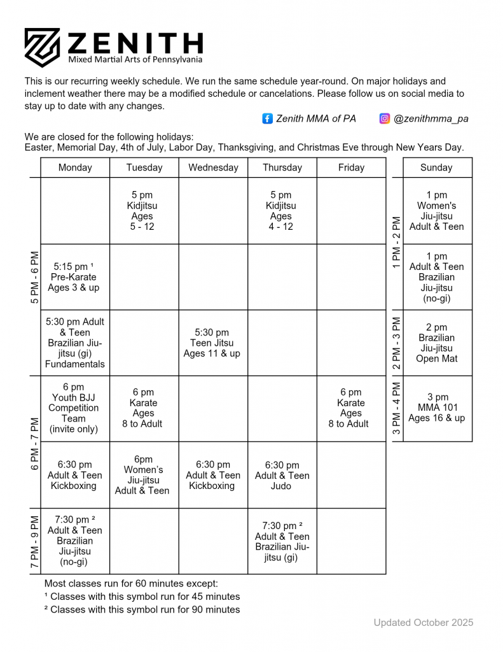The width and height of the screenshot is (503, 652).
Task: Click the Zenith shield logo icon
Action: coord(42,47)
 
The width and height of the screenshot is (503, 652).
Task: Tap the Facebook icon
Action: coord(268,118)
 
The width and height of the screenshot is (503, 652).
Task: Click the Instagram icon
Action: coord(385,118)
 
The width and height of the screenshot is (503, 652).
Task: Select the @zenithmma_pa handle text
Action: coord(431,118)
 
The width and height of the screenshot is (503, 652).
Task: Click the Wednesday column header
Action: coord(213,167)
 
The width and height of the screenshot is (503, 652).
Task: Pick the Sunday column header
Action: coord(437,167)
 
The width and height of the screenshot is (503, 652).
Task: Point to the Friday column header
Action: coord(351,167)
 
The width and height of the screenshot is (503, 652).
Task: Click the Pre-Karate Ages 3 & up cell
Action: coord(74,277)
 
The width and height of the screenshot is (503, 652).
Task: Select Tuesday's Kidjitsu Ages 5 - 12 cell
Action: coord(143,211)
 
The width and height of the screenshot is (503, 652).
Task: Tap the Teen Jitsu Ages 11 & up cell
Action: coord(212,343)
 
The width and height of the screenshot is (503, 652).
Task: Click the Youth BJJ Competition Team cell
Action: coord(74,408)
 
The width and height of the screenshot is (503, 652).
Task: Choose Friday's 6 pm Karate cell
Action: coord(351,408)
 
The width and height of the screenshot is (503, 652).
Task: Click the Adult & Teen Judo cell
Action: coord(282,476)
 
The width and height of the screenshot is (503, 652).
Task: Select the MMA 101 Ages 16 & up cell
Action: coord(437,408)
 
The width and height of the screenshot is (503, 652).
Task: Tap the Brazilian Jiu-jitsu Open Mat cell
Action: coord(437,343)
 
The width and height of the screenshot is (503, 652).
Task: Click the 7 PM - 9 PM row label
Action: coord(34,541)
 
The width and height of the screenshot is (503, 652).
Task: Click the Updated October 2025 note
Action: coord(424,623)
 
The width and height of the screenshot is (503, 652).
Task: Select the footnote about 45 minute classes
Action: coord(142,597)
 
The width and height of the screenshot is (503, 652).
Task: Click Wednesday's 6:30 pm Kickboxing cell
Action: coord(212,476)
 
